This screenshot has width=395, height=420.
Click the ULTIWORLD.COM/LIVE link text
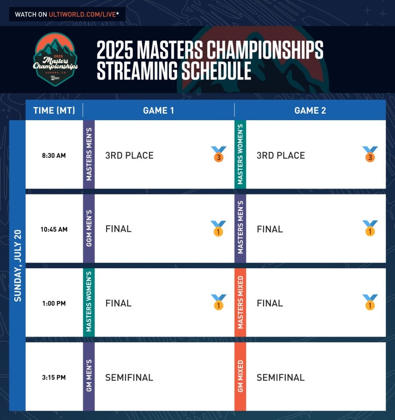click(82, 14)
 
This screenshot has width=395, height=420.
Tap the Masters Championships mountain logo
click(55, 59)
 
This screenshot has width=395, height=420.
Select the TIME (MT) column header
click(54, 110)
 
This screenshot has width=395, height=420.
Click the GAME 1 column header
click(158, 110)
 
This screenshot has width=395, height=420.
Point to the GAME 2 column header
click(310, 110)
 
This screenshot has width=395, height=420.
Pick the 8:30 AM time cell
click(54, 155)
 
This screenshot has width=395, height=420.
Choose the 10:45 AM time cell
click(54, 229)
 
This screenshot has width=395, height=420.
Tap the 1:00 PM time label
click(54, 303)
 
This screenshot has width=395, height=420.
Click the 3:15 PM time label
click(54, 377)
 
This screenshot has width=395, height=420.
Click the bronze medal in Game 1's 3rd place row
click(219, 154)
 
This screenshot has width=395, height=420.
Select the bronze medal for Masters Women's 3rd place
click(370, 154)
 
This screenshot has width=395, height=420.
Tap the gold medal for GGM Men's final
click(218, 228)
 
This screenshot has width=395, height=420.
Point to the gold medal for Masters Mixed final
click(370, 302)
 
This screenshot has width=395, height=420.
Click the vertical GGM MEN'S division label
click(89, 228)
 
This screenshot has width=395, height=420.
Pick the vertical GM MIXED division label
click(240, 377)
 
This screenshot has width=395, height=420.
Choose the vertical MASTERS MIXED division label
click(240, 302)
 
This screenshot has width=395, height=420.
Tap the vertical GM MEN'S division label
click(89, 376)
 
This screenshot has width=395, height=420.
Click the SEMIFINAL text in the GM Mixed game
click(281, 377)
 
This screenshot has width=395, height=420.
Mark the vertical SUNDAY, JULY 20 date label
click(18, 265)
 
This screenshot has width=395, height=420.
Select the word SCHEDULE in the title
click(217, 71)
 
